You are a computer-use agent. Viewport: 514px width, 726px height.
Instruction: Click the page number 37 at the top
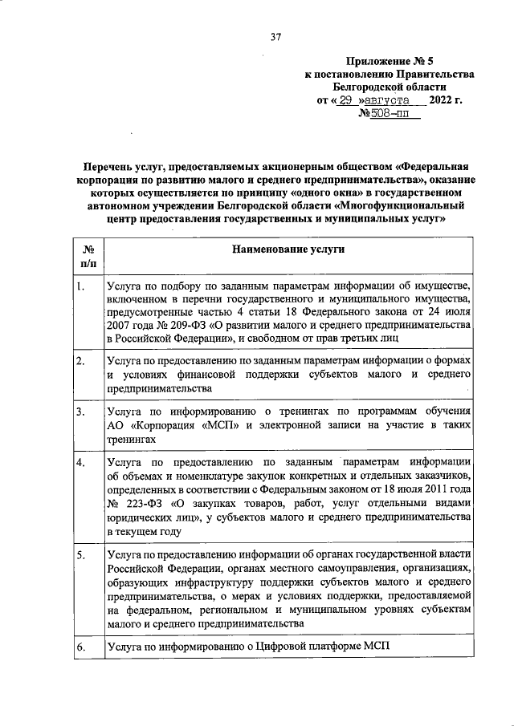tap(275, 36)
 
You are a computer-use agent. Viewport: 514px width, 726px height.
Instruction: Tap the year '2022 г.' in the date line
tap(446, 100)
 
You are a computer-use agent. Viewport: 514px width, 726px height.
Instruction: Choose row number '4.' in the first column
tap(81, 464)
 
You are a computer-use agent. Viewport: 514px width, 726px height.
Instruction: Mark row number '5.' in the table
tap(81, 554)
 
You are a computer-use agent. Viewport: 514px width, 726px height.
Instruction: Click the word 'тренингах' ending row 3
tap(130, 439)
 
